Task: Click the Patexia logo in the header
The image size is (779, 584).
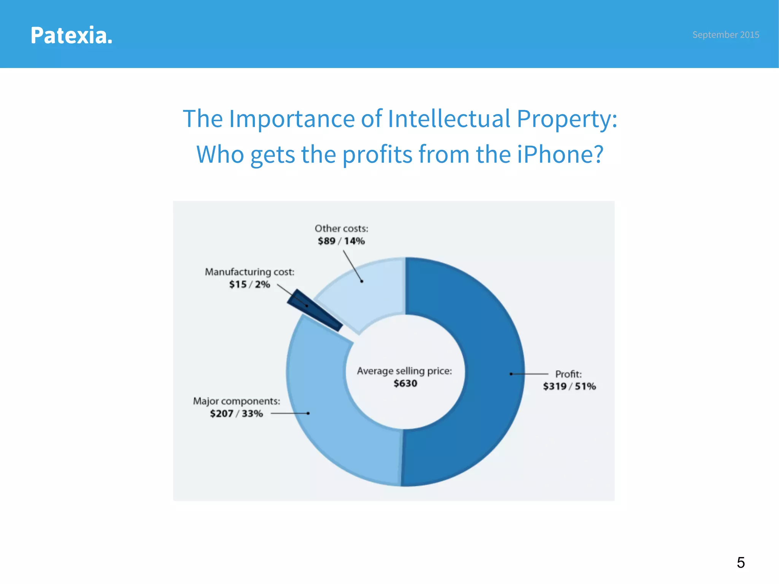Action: (72, 35)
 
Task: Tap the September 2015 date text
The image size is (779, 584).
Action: (725, 35)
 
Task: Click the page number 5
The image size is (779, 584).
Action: (741, 562)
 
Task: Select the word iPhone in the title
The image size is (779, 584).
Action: (560, 154)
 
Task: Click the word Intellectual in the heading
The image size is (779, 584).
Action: (449, 119)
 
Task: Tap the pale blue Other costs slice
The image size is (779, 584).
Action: (365, 293)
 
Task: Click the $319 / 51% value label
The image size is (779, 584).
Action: (569, 386)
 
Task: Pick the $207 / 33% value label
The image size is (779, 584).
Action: (236, 413)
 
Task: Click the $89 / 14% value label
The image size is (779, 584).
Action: (341, 241)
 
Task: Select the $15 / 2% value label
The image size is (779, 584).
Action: (250, 284)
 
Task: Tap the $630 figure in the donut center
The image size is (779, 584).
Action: (405, 383)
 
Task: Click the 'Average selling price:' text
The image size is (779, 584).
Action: (404, 371)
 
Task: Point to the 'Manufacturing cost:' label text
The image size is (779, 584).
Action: (250, 272)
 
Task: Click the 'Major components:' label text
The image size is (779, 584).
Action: (236, 401)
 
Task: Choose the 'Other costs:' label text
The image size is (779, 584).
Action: (341, 229)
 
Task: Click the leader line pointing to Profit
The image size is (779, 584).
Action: (529, 374)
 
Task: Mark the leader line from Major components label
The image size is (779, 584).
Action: (289, 413)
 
